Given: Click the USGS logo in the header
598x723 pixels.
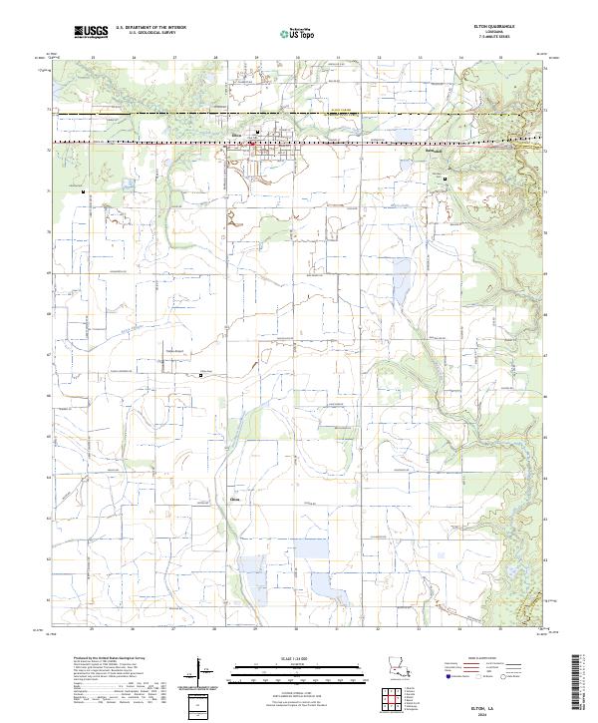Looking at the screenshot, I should click(x=92, y=34).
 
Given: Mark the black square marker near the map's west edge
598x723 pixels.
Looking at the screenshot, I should click(x=84, y=190).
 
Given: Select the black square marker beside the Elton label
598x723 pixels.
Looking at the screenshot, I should click(x=258, y=132).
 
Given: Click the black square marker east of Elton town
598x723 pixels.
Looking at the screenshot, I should click(x=444, y=178).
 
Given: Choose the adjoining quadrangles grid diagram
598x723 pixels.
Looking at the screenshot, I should click(x=397, y=703).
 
